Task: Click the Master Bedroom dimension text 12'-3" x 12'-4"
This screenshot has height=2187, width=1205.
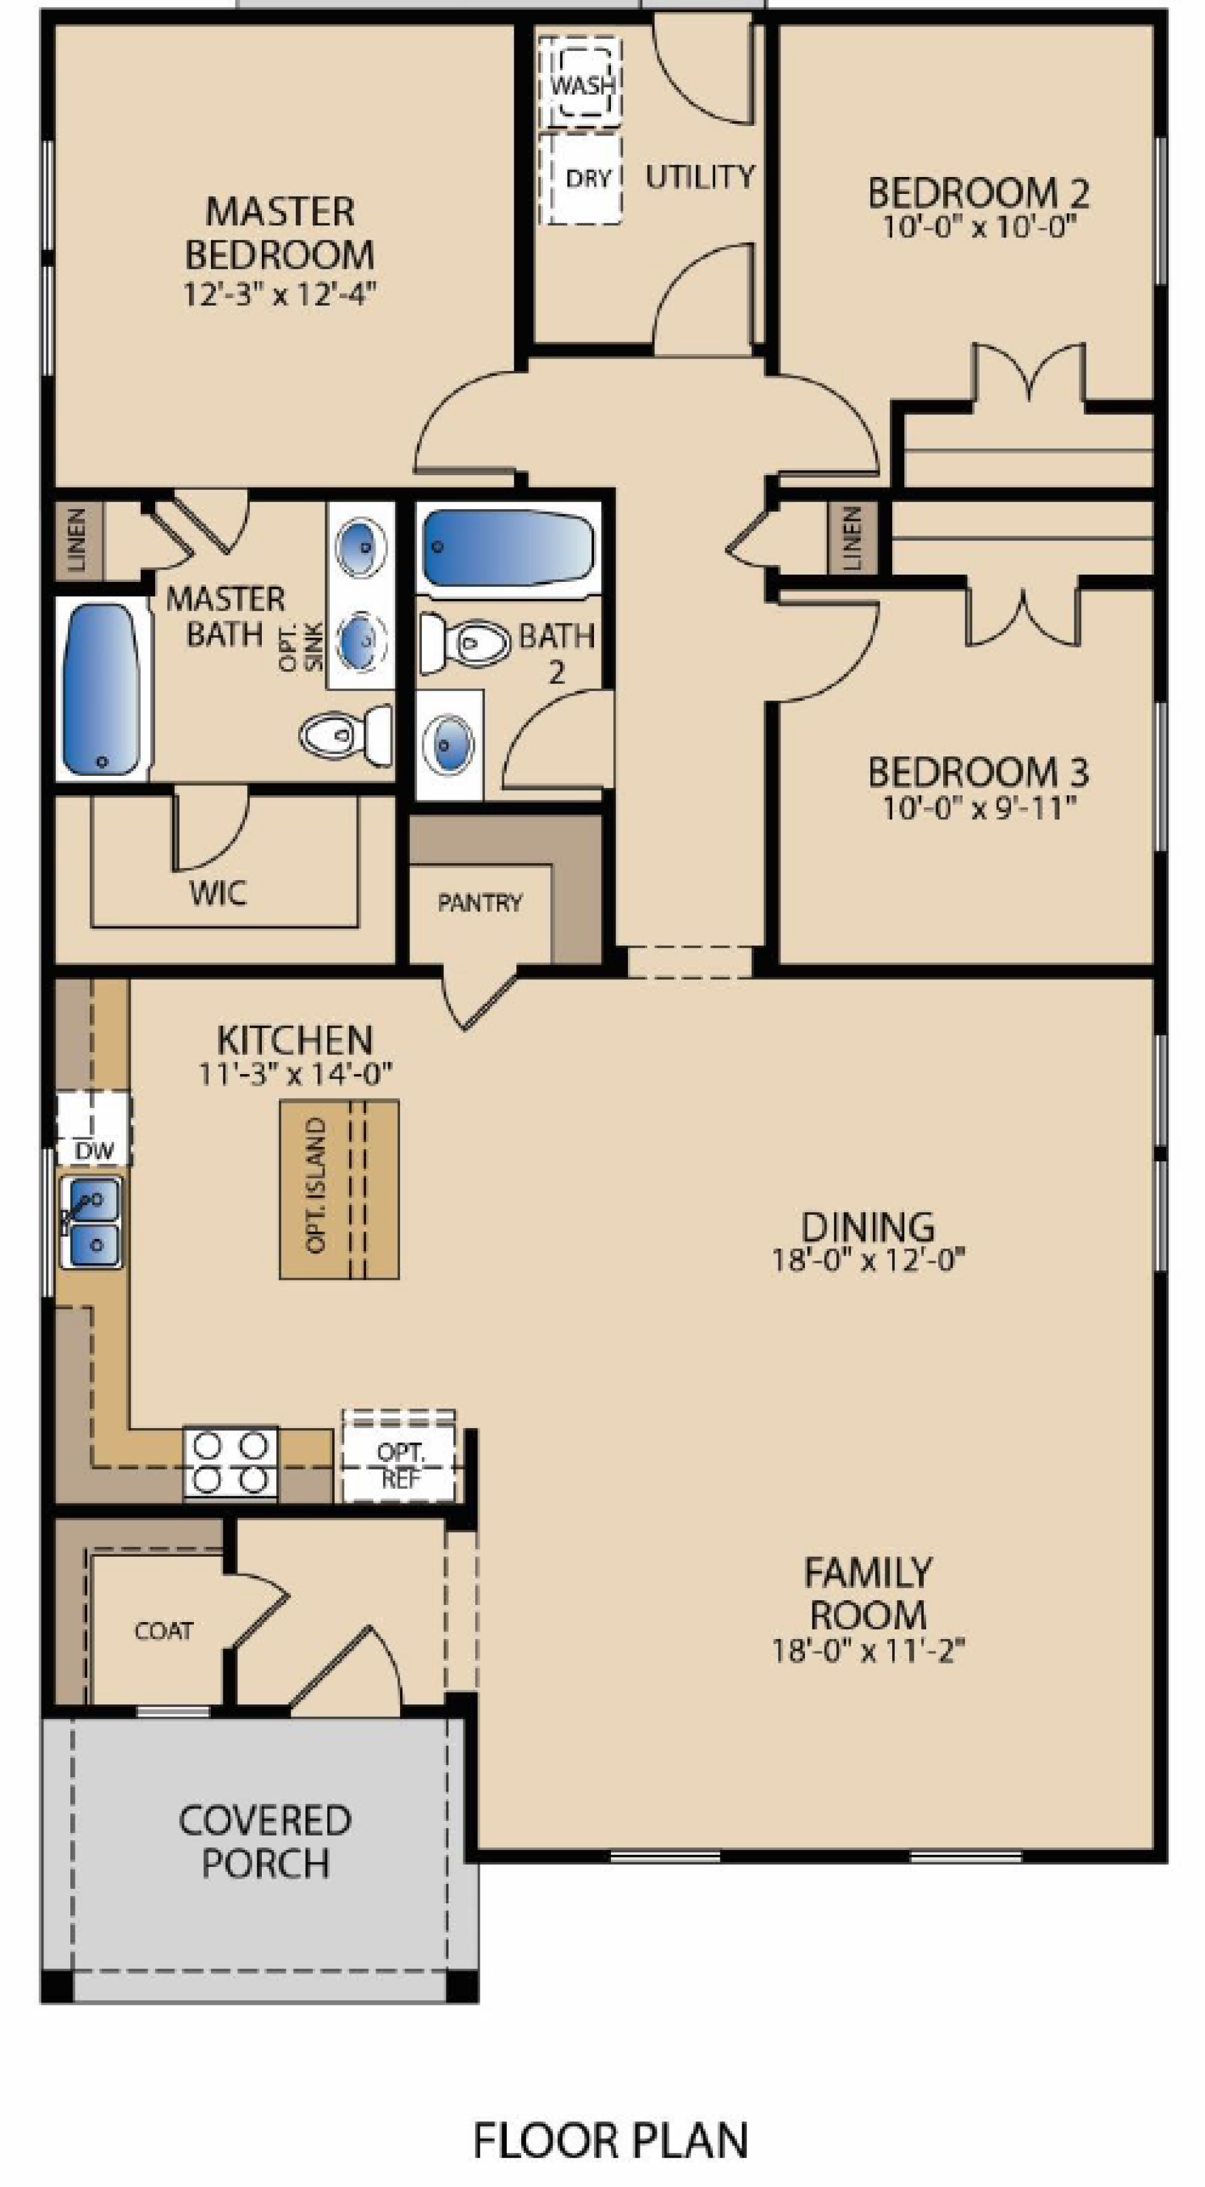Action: click(279, 294)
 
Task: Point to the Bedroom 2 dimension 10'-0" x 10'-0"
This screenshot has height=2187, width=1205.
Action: click(978, 227)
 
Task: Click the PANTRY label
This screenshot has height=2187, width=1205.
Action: click(480, 903)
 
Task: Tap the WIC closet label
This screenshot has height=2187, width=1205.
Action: click(219, 893)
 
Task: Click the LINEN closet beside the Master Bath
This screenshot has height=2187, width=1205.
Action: click(78, 540)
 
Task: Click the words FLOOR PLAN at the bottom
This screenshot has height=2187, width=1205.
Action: click(610, 2139)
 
